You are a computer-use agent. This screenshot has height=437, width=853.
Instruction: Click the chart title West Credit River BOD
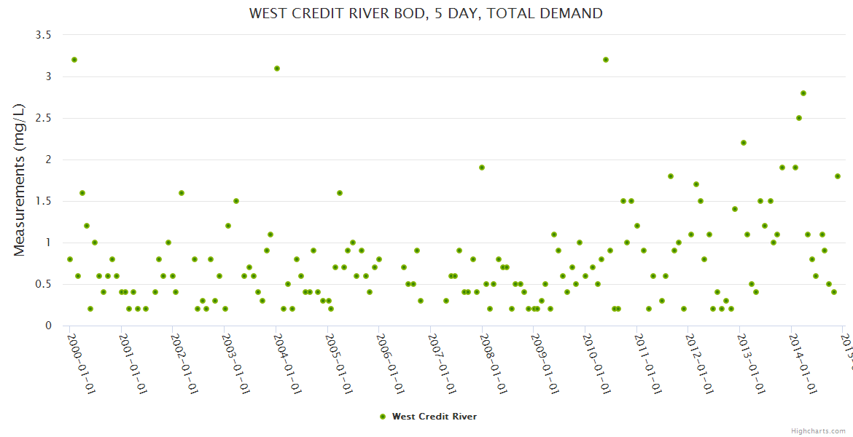pyautogui.click(x=426, y=13)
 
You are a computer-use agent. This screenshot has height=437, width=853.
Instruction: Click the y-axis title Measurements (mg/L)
pyautogui.click(x=20, y=180)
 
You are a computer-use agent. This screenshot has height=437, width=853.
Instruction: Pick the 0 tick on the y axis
pyautogui.click(x=47, y=326)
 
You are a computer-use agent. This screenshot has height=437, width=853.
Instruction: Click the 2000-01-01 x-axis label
pyautogui.click(x=82, y=361)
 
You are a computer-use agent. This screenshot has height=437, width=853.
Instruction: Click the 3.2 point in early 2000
pyautogui.click(x=74, y=60)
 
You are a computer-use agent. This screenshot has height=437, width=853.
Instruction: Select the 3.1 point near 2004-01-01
pyautogui.click(x=277, y=68)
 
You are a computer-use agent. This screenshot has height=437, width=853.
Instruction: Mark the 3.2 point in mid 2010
pyautogui.click(x=606, y=60)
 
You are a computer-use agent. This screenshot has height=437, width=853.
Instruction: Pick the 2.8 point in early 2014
pyautogui.click(x=803, y=93)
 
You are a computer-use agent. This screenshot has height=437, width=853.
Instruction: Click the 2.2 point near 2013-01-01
pyautogui.click(x=744, y=143)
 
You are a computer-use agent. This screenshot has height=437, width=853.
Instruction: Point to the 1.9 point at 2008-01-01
pyautogui.click(x=482, y=168)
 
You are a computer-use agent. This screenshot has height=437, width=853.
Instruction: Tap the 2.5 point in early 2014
pyautogui.click(x=799, y=118)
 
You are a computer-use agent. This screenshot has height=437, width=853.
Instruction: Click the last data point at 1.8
pyautogui.click(x=838, y=176)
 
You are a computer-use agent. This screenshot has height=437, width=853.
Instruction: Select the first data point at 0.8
pyautogui.click(x=70, y=259)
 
